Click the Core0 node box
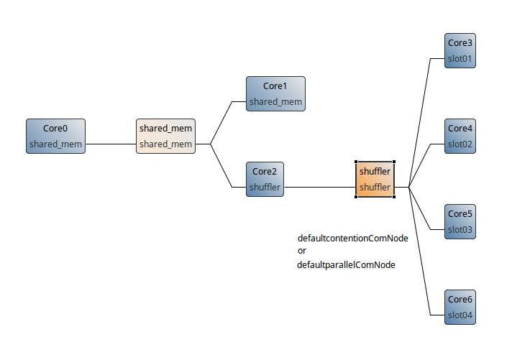[x=55, y=137]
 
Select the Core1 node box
[x=275, y=94]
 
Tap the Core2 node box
[x=265, y=180]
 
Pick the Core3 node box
[x=460, y=50]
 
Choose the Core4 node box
[x=460, y=136]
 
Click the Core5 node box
[x=460, y=221]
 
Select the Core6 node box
[x=460, y=307]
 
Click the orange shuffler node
[x=375, y=180]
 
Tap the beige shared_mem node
[x=165, y=137]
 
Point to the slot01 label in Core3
[x=460, y=58]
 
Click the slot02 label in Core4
[x=460, y=144]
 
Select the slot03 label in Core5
[x=460, y=229]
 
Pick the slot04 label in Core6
[x=460, y=315]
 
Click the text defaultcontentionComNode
[x=352, y=238]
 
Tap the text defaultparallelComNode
[x=346, y=264]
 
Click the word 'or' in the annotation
[x=302, y=251]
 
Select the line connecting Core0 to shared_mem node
[x=111, y=144]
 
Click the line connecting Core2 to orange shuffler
[x=320, y=188]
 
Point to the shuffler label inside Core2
[x=265, y=188]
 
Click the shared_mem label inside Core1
[x=275, y=102]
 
